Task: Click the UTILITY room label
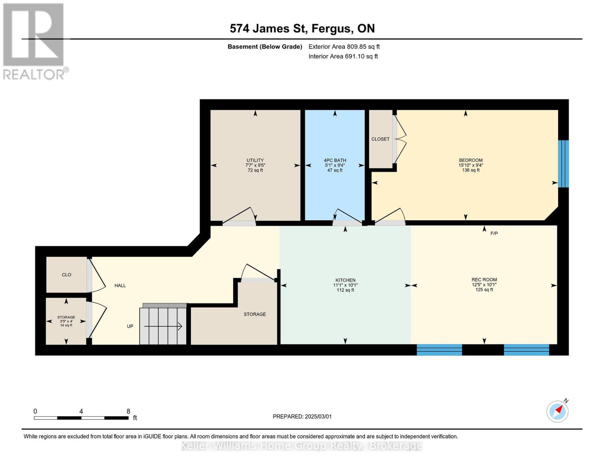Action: pyautogui.click(x=255, y=160)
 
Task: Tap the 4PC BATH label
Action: pyautogui.click(x=335, y=160)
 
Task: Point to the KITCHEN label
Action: pyautogui.click(x=345, y=280)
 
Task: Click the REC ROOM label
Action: pyautogui.click(x=484, y=280)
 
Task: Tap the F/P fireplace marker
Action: pyautogui.click(x=494, y=233)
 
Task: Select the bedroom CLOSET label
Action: pyautogui.click(x=380, y=139)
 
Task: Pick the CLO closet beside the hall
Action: pyautogui.click(x=67, y=275)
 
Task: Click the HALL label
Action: pyautogui.click(x=120, y=286)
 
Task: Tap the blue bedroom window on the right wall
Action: pyautogui.click(x=563, y=163)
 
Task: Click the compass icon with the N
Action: pyautogui.click(x=557, y=411)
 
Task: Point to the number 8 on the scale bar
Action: pyautogui.click(x=128, y=411)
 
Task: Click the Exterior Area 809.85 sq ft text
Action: pyautogui.click(x=344, y=47)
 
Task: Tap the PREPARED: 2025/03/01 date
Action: pyautogui.click(x=302, y=416)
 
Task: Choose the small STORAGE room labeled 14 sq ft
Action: pyautogui.click(x=66, y=321)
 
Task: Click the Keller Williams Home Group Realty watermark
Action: pyautogui.click(x=302, y=446)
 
